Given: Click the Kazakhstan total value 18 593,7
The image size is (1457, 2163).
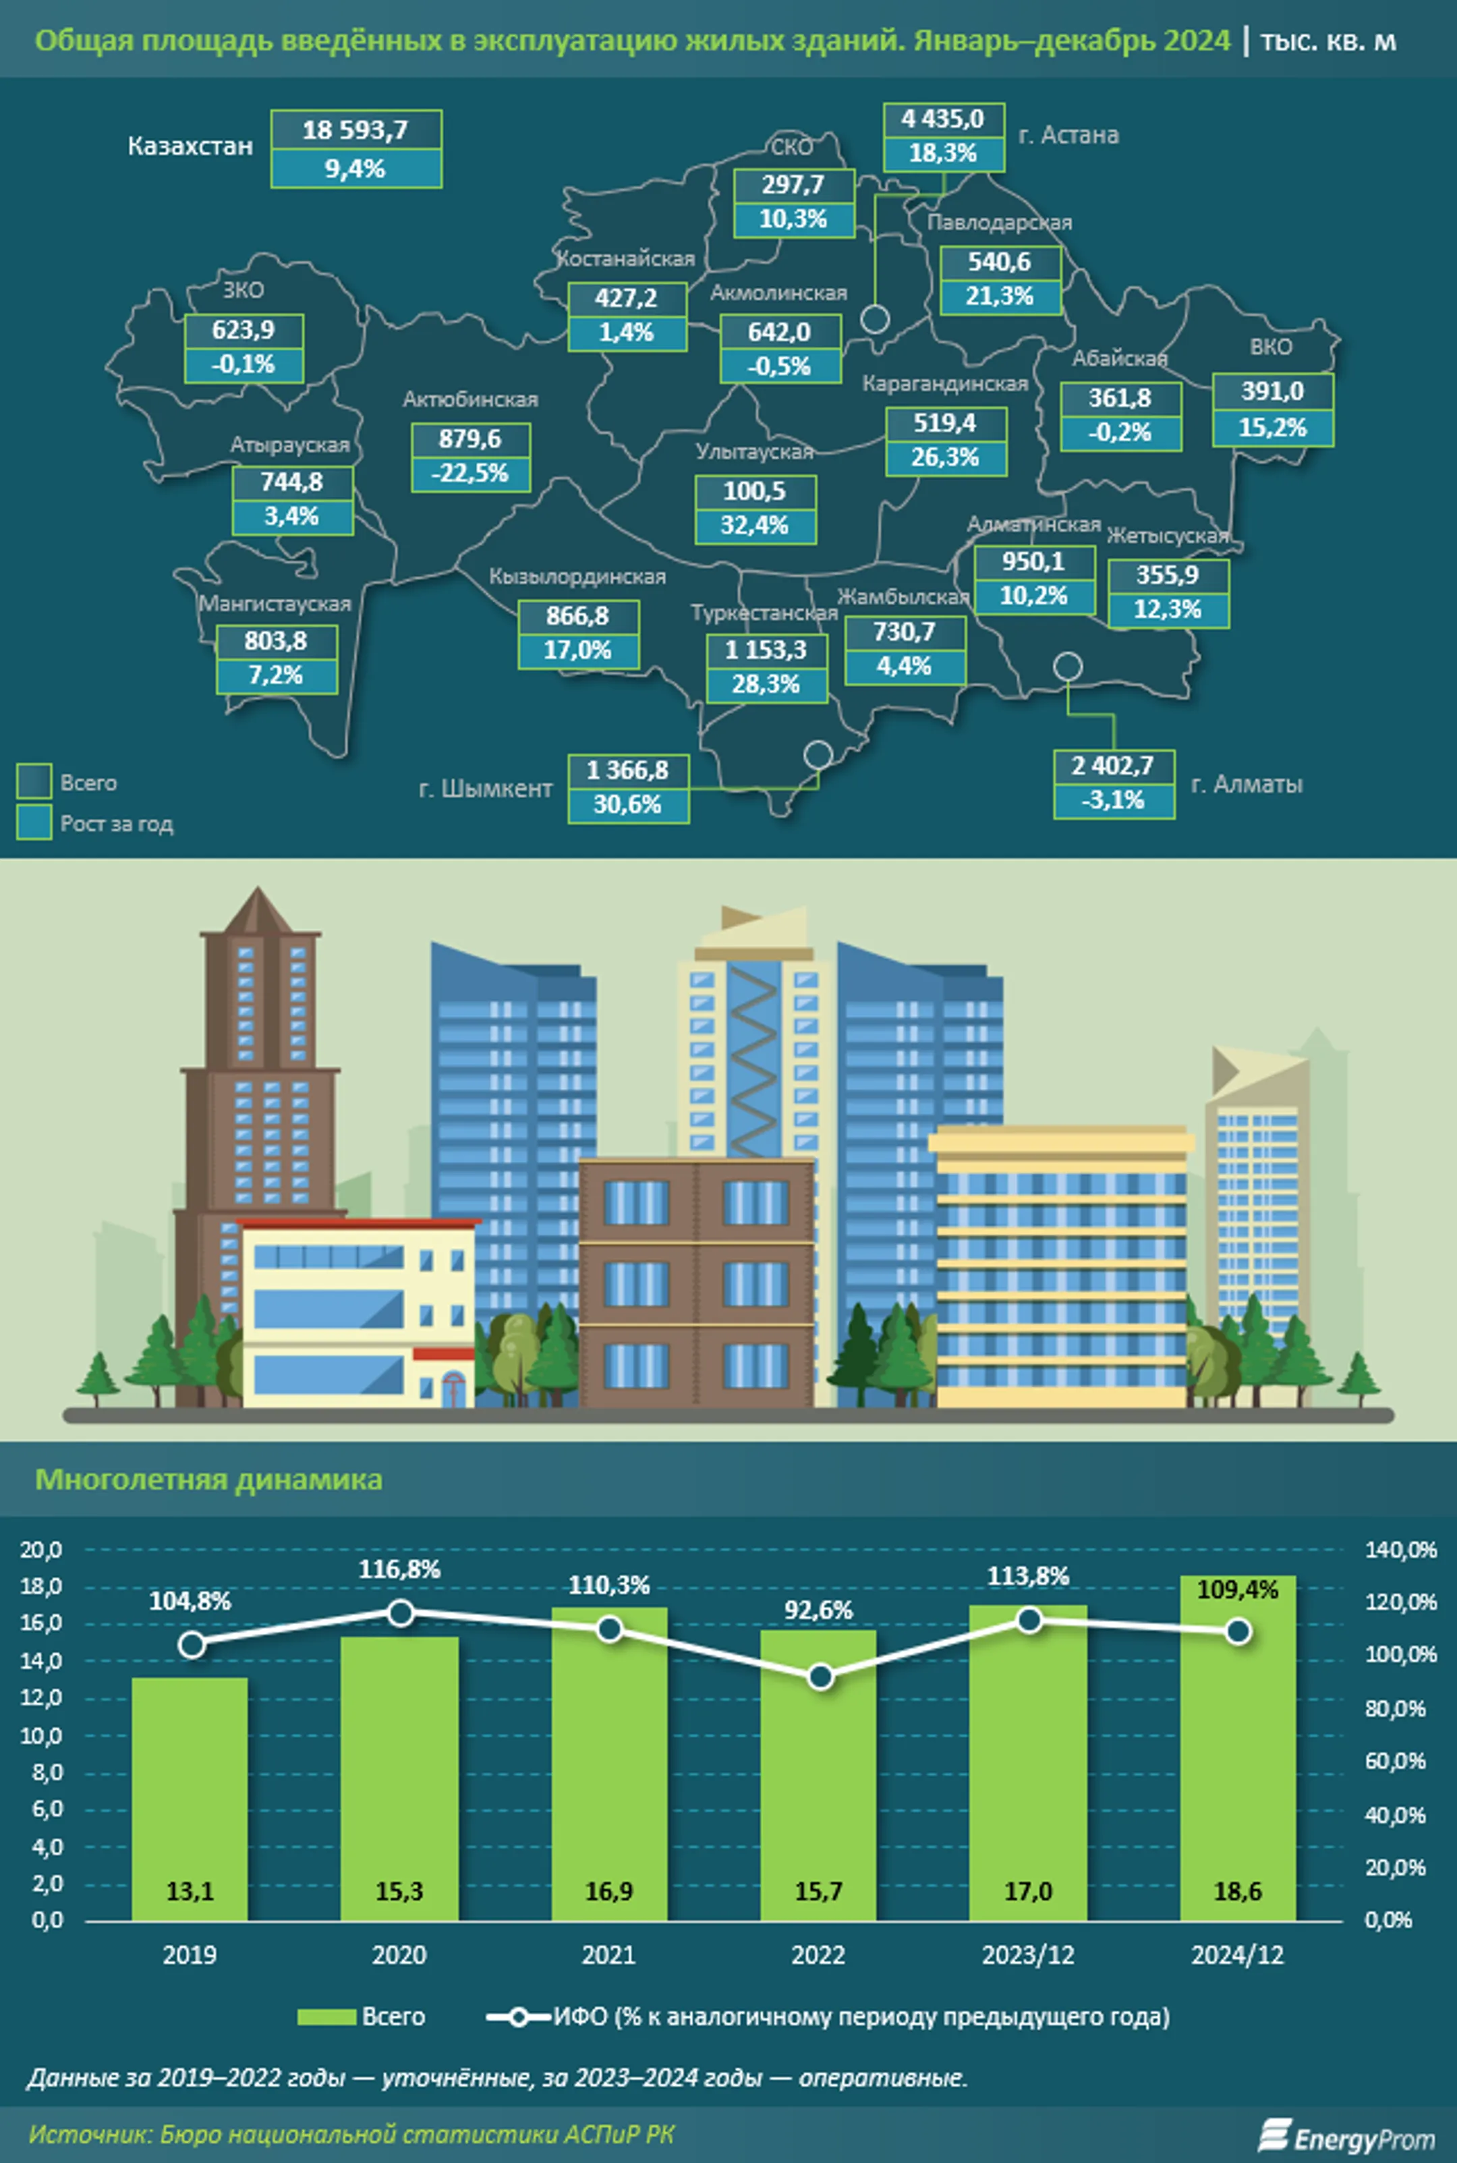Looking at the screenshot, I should tap(356, 130).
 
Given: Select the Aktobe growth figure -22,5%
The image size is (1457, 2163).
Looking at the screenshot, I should tap(470, 474).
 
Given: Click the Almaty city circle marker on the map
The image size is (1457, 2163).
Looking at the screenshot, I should tap(1068, 666).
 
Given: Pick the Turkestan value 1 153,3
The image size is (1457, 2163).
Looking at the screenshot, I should tap(766, 650).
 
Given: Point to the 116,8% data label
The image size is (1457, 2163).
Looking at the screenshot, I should tap(399, 1570).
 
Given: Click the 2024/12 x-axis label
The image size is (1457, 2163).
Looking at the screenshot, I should tap(1237, 1955).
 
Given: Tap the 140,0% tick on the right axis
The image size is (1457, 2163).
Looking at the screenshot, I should tap(1400, 1550).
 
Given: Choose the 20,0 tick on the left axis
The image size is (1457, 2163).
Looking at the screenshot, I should tap(42, 1550).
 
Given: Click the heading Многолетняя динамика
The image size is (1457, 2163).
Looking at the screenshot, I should tap(208, 1479).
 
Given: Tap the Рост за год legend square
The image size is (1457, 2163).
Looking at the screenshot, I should tap(34, 823).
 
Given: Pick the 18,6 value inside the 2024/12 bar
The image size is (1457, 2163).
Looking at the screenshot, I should tap(1237, 1890).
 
